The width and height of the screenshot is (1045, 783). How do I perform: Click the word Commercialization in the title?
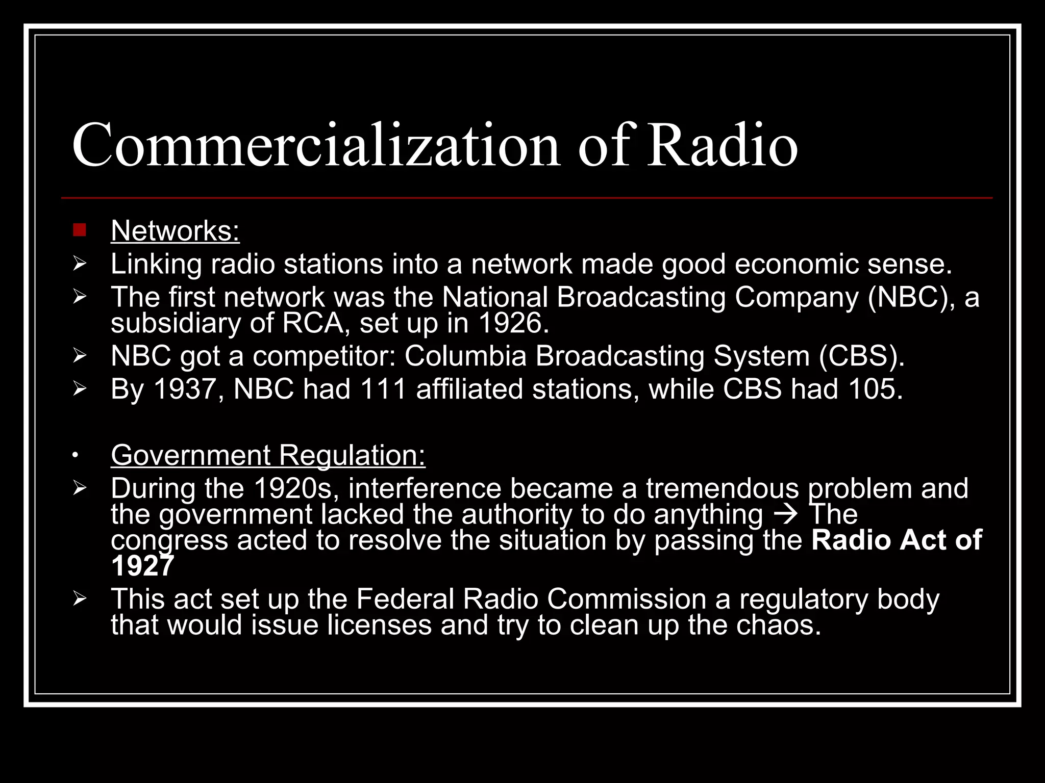(316, 145)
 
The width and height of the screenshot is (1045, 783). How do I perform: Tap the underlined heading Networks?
(175, 231)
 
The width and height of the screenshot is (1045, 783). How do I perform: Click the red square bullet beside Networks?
(80, 230)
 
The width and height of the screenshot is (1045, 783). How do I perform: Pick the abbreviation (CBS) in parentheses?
(861, 356)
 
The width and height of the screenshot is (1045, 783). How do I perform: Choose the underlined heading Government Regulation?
(268, 455)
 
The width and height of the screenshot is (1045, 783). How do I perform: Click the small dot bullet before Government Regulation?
(75, 455)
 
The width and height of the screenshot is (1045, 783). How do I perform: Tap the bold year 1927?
(142, 566)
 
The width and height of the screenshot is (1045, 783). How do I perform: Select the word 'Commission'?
(627, 599)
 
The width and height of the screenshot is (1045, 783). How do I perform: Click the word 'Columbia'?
(465, 356)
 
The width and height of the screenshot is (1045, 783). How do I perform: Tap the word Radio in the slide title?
(723, 145)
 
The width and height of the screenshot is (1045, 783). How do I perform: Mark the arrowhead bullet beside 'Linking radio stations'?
(80, 264)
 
